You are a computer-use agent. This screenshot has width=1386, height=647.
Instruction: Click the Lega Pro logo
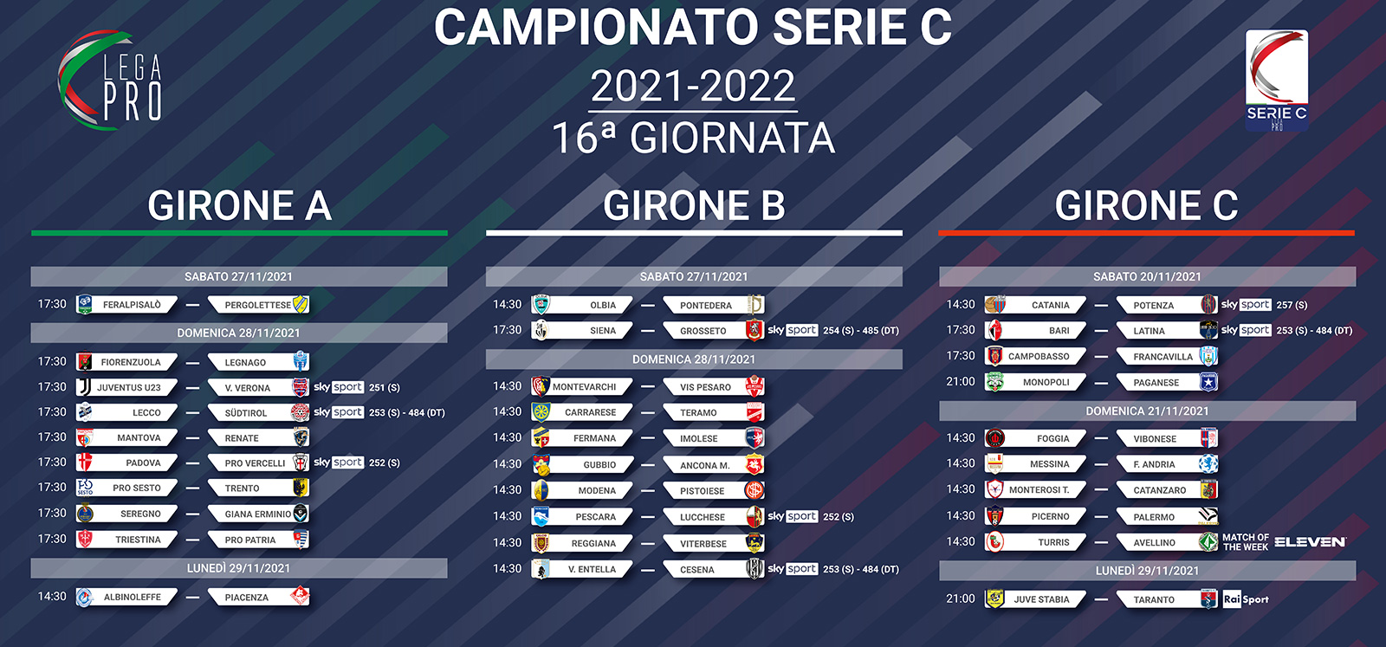point(109,81)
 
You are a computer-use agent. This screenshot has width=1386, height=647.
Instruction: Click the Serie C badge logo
point(1277,80)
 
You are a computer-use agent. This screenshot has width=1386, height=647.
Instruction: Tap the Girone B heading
point(694,205)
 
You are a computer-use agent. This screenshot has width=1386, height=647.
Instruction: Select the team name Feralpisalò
point(132,305)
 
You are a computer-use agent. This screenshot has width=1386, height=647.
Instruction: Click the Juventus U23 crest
point(84,387)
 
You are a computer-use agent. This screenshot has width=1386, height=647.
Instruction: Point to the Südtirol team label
point(246,412)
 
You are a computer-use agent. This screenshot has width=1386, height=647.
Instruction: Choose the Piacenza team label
point(246,597)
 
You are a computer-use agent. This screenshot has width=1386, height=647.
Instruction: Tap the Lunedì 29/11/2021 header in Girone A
point(239,568)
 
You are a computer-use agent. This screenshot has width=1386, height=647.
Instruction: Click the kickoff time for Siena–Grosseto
point(507,330)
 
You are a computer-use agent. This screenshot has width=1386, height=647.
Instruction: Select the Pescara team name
point(596,516)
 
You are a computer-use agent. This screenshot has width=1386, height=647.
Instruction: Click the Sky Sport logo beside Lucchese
point(793,516)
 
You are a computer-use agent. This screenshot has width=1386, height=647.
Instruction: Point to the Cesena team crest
point(755,569)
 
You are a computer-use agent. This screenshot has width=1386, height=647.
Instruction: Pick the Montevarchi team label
point(584,386)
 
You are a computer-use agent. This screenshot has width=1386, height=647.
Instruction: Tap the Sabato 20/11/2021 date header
point(1147,276)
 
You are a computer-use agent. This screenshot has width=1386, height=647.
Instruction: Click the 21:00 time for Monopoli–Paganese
point(961,382)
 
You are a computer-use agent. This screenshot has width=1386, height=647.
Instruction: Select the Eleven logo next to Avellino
point(1310,542)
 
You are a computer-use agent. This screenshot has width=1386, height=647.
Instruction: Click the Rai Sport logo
point(1246,598)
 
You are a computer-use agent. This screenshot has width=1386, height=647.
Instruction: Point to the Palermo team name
point(1154,516)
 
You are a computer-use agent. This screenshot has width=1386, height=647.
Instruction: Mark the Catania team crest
point(995,304)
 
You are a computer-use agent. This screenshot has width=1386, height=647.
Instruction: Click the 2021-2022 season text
point(693,86)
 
